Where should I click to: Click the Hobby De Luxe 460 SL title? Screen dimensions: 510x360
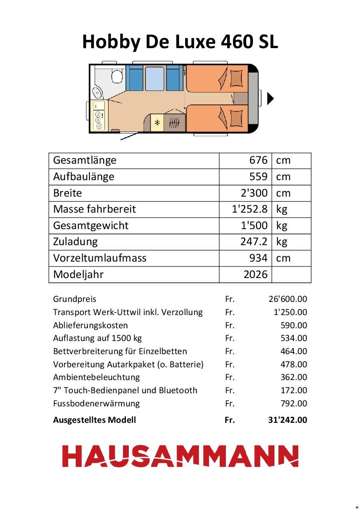click(180, 42)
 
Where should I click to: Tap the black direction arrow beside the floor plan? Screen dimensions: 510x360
click(270, 99)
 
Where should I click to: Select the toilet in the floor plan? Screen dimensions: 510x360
click(117, 76)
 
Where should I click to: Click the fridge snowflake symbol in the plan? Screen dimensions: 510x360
click(157, 123)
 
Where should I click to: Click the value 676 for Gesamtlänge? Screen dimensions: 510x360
click(258, 160)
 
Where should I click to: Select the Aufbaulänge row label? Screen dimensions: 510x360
click(84, 177)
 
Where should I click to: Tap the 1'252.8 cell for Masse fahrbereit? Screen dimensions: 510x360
click(250, 209)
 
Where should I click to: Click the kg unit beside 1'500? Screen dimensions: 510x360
click(282, 225)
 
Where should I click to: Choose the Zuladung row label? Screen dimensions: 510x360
click(75, 241)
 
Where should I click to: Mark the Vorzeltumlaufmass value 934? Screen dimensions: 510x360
click(258, 258)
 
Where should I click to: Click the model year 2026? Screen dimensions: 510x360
click(255, 274)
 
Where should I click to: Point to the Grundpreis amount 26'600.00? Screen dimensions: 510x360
click(288, 299)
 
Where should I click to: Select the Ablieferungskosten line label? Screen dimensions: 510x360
click(91, 325)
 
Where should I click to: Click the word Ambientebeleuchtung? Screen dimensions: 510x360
click(96, 377)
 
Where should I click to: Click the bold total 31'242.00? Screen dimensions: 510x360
click(287, 420)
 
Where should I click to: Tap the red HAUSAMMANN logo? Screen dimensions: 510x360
click(180, 456)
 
